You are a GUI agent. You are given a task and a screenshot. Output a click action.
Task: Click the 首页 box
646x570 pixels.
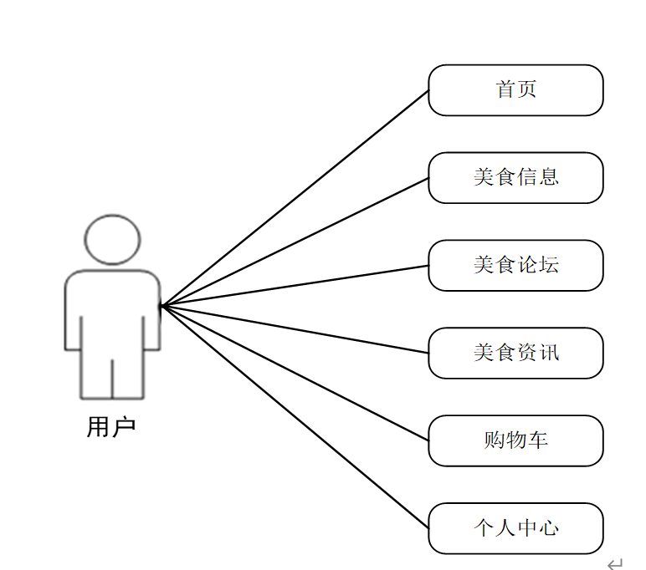(x=515, y=90)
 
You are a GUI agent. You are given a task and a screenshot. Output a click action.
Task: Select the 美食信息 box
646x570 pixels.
(x=515, y=178)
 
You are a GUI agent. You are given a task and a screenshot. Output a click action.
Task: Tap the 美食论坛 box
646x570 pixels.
(x=515, y=266)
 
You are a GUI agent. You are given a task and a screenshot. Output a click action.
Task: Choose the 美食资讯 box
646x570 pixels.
(x=515, y=353)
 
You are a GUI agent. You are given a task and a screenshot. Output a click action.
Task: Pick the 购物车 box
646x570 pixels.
(x=515, y=440)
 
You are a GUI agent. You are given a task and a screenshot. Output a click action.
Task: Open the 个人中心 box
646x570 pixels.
(x=515, y=528)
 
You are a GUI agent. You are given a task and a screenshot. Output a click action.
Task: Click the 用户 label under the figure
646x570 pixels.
(x=111, y=427)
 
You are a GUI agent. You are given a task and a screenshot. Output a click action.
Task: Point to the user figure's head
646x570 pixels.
(x=112, y=239)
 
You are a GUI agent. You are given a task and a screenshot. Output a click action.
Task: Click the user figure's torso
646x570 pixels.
(x=112, y=309)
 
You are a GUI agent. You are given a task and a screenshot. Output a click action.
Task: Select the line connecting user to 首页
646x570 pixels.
(x=295, y=198)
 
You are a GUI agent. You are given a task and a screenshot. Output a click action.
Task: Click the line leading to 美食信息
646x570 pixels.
(x=295, y=242)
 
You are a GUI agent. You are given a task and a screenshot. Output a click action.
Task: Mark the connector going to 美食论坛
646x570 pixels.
(x=295, y=286)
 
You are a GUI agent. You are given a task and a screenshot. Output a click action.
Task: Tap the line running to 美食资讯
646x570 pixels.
(x=295, y=329)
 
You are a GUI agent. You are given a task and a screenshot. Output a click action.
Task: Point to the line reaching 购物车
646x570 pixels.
(x=295, y=373)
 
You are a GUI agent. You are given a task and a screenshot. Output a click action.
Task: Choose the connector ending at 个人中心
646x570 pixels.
(x=295, y=416)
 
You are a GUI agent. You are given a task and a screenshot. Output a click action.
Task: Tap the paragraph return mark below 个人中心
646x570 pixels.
(x=615, y=564)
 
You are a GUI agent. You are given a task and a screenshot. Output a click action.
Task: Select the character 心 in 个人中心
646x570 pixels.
(x=549, y=528)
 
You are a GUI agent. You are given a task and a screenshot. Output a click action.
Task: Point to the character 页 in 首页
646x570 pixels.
(x=526, y=90)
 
